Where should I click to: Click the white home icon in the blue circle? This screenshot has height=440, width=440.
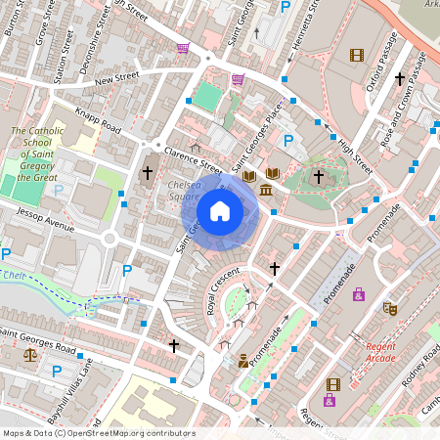click(x=220, y=211)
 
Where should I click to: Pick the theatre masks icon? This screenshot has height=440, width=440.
click(x=389, y=309)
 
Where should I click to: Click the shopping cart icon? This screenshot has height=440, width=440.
click(x=183, y=47)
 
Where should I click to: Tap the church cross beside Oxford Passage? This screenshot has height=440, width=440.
click(x=399, y=77)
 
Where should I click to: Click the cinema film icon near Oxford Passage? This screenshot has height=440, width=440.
click(x=356, y=55)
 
